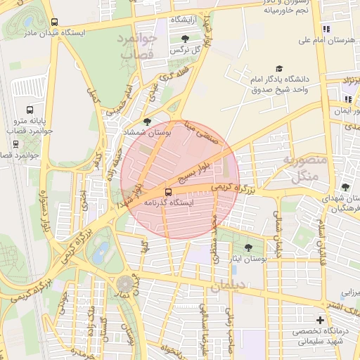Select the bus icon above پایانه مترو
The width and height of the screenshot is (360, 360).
click(30, 110)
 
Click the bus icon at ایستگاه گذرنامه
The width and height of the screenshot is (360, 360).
click(168, 191)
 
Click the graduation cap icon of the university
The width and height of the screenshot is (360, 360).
click(279, 69)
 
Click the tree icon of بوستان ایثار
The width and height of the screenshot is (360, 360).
click(248, 247)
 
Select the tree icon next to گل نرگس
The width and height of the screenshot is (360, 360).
click(185, 39)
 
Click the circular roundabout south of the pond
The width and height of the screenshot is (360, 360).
click(125, 284)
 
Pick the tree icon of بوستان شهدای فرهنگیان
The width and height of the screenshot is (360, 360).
click(345, 187)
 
